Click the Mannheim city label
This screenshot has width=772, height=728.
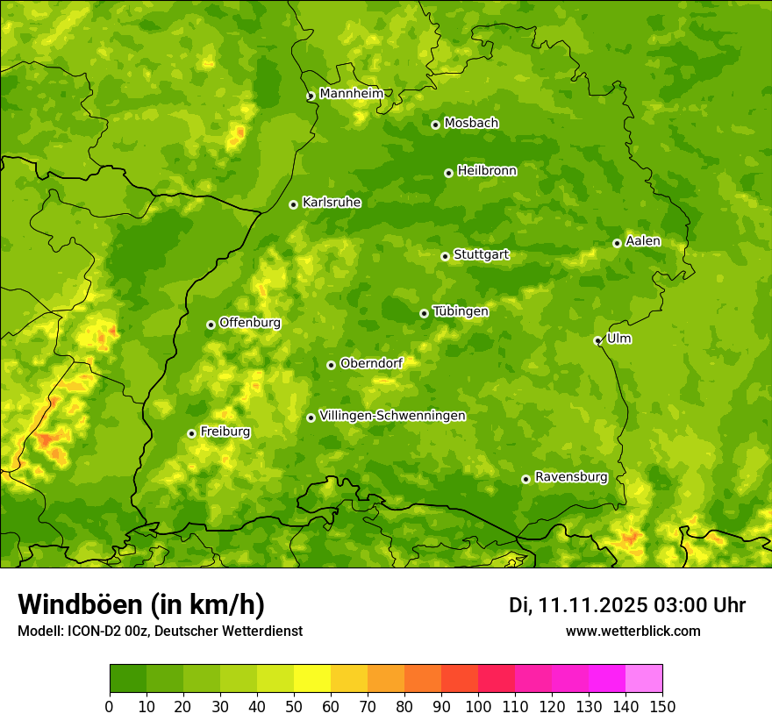click(x=351, y=94)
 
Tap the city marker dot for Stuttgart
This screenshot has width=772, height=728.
click(x=445, y=256)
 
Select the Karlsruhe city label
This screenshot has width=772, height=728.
click(x=331, y=203)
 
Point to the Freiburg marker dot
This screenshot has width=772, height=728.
click(x=191, y=433)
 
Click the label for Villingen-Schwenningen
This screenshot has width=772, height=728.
click(x=392, y=416)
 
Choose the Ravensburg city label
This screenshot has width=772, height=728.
click(x=570, y=477)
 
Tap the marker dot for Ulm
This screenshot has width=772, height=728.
click(x=597, y=341)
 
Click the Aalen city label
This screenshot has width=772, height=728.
click(x=642, y=241)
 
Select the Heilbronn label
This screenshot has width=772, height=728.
click(x=487, y=171)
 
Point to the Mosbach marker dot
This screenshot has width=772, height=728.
click(x=435, y=125)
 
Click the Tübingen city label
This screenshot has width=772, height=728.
click(x=460, y=311)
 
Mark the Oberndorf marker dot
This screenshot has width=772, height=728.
click(x=331, y=365)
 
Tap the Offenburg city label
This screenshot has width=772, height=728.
click(x=249, y=323)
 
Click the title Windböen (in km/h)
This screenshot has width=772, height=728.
click(x=140, y=604)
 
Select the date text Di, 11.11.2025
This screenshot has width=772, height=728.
click(x=577, y=605)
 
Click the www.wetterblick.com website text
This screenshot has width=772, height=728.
click(x=633, y=631)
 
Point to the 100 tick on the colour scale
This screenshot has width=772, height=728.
click(x=478, y=707)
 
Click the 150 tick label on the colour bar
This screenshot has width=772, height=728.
click(x=662, y=707)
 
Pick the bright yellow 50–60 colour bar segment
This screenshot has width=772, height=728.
click(x=312, y=679)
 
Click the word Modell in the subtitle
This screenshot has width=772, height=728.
click(x=39, y=632)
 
